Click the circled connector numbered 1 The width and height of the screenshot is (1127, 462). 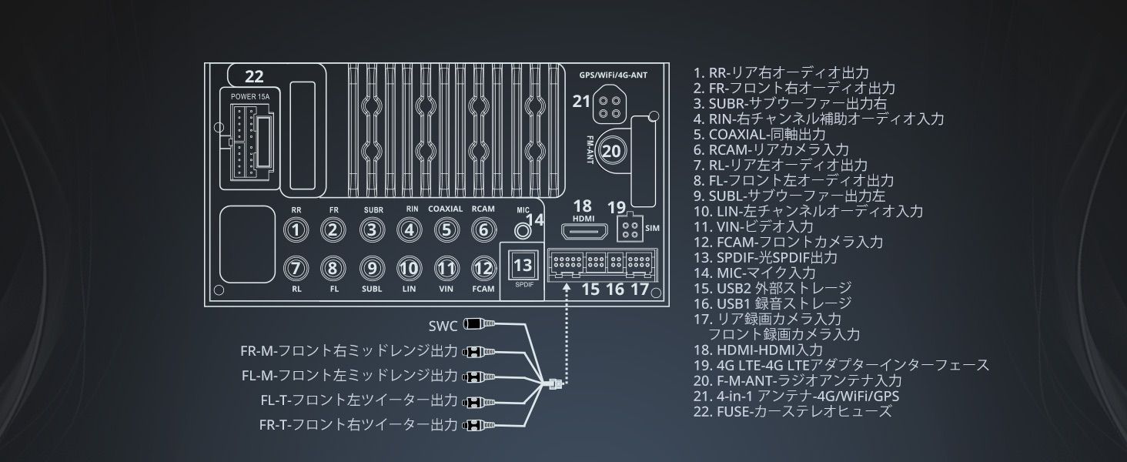296,230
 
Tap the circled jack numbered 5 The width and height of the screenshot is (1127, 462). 446,230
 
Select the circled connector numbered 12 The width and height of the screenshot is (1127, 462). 483,268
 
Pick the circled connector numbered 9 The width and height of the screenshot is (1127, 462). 372,268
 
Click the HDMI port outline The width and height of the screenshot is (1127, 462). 584,232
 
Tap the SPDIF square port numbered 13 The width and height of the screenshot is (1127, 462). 523,266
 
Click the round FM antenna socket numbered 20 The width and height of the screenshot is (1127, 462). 611,152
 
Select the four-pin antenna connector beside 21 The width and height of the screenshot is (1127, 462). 608,103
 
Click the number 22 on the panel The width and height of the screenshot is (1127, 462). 254,76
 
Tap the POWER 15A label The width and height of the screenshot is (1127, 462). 250,96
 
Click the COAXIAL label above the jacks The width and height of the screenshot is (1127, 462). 445,209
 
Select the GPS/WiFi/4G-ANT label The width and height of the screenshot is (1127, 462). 613,75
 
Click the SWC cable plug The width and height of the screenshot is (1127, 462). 480,324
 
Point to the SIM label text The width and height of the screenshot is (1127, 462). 652,228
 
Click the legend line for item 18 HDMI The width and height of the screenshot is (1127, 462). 758,350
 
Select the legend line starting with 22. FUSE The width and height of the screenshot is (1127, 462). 792,411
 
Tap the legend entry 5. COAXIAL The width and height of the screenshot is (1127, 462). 759,135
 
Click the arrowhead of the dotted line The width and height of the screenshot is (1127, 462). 567,288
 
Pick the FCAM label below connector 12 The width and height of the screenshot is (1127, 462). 483,289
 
